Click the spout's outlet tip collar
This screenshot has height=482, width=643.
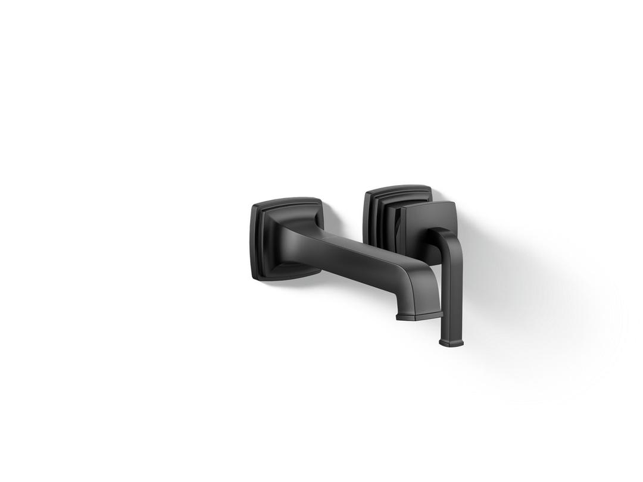click(419, 315)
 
